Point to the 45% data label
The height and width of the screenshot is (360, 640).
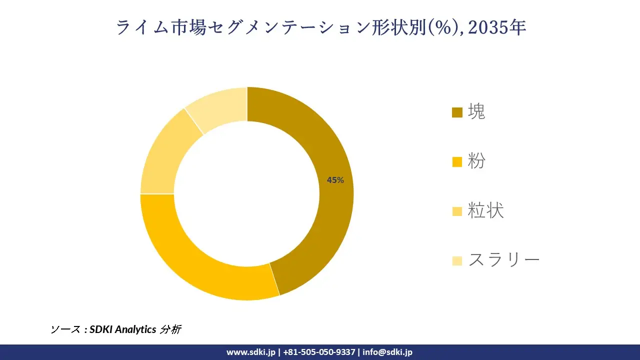pos(335,180)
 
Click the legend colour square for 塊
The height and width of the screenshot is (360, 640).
pos(457,112)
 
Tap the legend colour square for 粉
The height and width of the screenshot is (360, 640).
pos(457,162)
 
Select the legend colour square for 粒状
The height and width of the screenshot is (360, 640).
pos(457,211)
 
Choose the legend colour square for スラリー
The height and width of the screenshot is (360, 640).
pos(457,260)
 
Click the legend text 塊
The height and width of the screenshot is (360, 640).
pos(476,112)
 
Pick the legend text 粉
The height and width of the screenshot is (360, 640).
pos(476,161)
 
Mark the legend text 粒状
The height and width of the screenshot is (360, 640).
pos(485,211)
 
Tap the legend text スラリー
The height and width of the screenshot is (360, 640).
pos(504,260)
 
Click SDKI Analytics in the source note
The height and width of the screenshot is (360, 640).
pos(122,329)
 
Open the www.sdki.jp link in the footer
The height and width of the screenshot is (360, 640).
pos(250,352)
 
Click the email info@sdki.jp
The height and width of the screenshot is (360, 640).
pos(387,352)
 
